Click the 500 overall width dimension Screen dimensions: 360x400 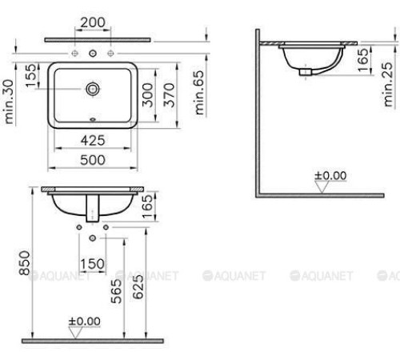[93, 160]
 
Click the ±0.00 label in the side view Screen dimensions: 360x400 [330, 174]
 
